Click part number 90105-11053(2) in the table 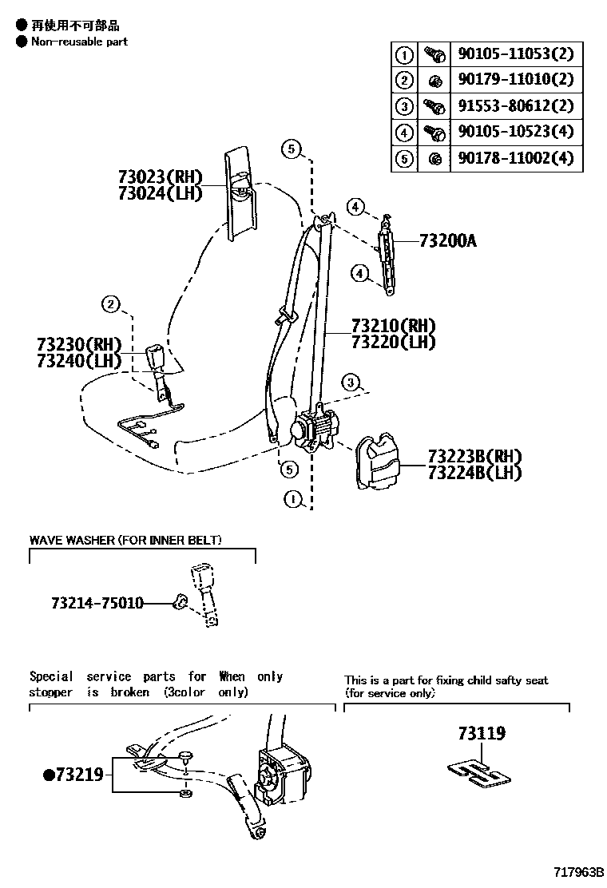coord(515,54)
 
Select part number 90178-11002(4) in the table coord(515,158)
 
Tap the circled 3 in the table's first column coord(404,106)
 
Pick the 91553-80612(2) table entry coord(515,106)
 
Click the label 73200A coord(447,240)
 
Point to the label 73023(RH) coord(160,176)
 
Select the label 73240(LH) coord(78,361)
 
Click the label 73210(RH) coord(393,326)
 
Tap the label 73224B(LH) coord(474,473)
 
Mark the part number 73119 coord(482,733)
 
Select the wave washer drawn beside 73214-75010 coord(180,602)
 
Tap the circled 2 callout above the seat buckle coord(111,303)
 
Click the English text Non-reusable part coord(79,42)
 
